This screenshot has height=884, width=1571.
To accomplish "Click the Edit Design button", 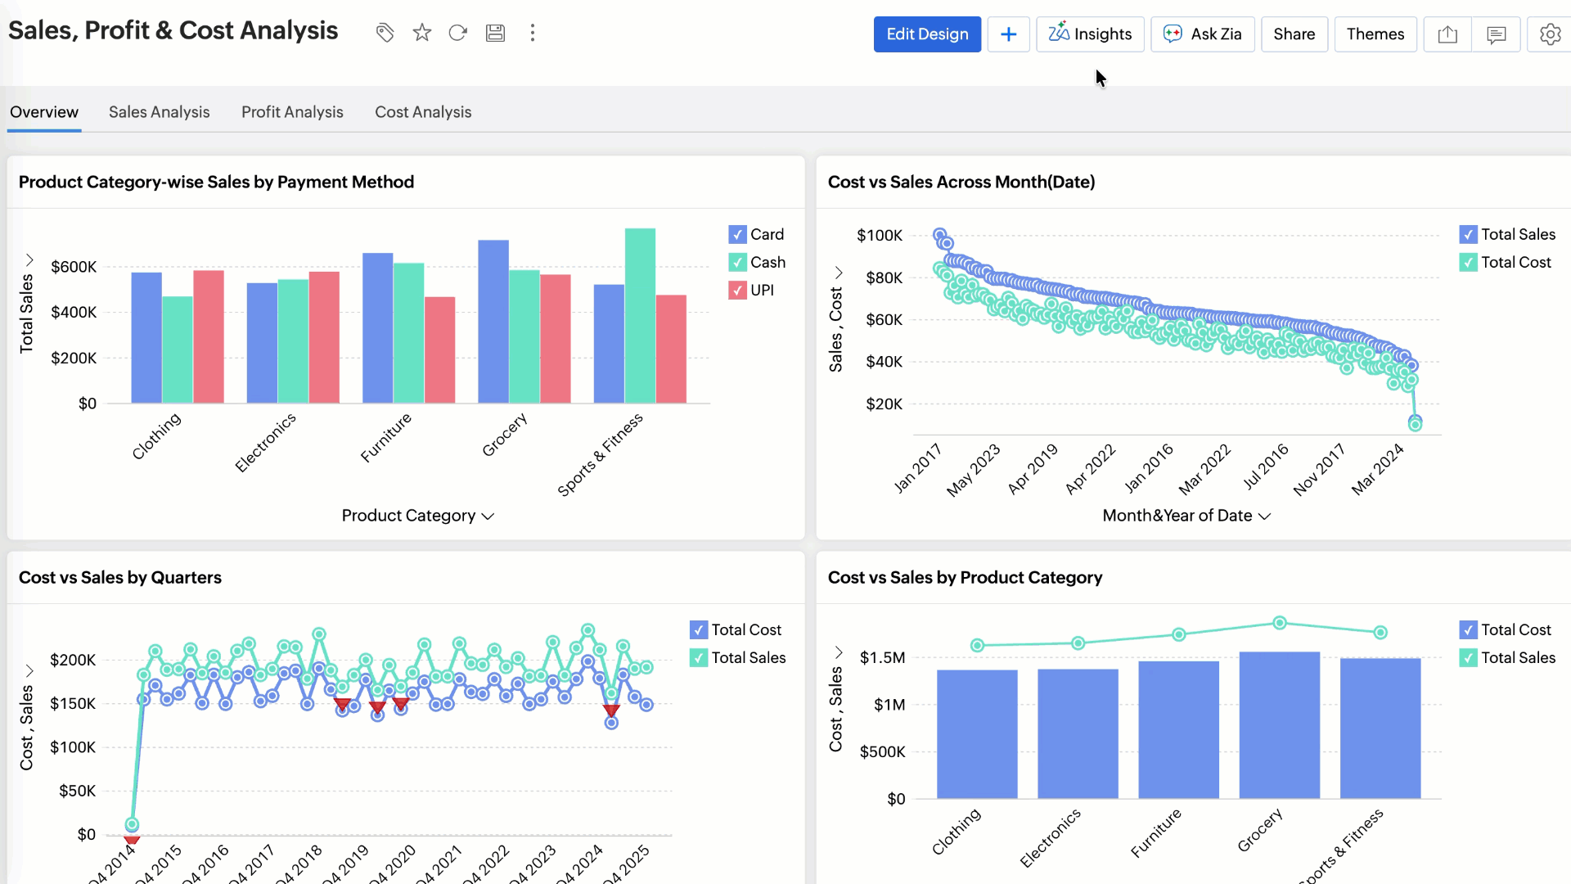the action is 927,34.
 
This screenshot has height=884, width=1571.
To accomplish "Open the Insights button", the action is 1090,34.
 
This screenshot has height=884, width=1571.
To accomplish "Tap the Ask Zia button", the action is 1202,34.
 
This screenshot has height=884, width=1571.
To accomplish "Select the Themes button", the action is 1375,34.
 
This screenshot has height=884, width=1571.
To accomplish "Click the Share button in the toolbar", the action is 1294,34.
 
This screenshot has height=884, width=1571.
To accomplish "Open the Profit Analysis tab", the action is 292,112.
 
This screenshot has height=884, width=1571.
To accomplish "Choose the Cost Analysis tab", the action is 423,112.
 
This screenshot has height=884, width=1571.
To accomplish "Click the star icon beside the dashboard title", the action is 421,33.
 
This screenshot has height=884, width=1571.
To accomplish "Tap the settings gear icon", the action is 1550,34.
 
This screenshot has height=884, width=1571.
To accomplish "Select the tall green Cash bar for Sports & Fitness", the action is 640,316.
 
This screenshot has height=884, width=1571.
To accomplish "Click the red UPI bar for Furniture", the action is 439,350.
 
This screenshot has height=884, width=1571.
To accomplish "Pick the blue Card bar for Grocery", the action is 493,322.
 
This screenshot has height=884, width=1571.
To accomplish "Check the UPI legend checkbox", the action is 737,291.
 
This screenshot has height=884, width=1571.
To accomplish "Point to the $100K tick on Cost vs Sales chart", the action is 880,236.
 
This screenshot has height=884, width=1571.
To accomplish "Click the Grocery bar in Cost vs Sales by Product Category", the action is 1279,725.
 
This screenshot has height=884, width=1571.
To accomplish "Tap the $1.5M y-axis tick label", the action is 882,658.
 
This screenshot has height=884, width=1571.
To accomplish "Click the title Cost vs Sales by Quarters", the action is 120,578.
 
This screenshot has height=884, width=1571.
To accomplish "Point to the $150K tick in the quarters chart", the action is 73,704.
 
